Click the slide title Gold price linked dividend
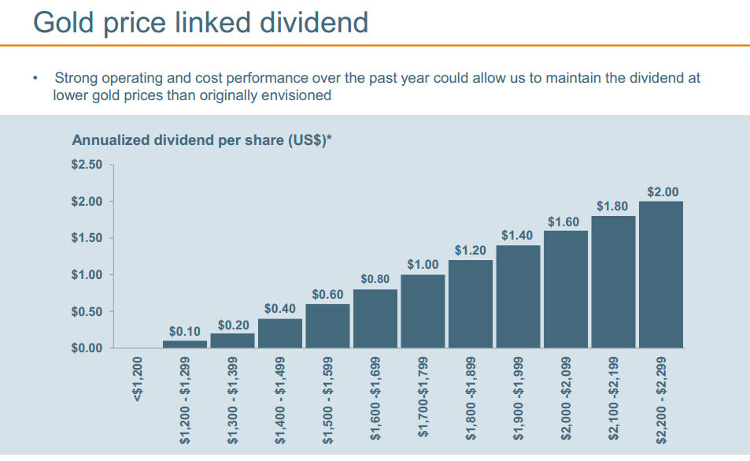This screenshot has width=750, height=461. pyautogui.click(x=201, y=21)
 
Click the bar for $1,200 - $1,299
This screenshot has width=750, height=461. pyautogui.click(x=185, y=344)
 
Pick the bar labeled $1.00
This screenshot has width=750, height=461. pyautogui.click(x=423, y=311)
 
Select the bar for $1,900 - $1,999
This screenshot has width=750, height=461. pyautogui.click(x=518, y=296)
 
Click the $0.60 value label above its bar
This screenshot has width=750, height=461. pyautogui.click(x=327, y=294)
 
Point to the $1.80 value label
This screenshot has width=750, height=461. pyautogui.click(x=612, y=206)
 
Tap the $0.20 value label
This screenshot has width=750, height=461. pyautogui.click(x=233, y=325)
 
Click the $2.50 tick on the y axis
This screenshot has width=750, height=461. pyautogui.click(x=87, y=165)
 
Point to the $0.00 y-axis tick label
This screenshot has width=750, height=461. pyautogui.click(x=87, y=348)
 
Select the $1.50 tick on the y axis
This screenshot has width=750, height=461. pyautogui.click(x=87, y=238)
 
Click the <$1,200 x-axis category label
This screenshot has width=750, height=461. pyautogui.click(x=137, y=380)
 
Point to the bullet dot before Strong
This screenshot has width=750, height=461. pyautogui.click(x=35, y=79)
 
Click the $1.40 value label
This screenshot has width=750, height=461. pyautogui.click(x=517, y=236)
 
